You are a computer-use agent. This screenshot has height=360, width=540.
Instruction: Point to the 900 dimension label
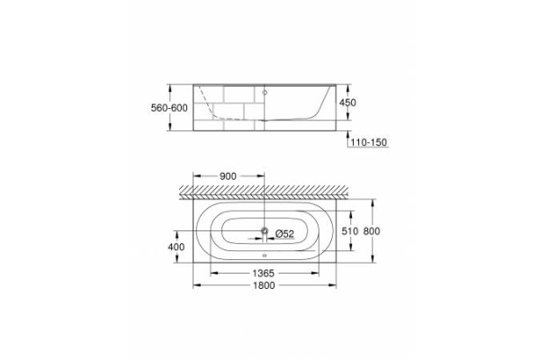[228, 176]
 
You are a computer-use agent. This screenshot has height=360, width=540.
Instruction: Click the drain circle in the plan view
[264, 233]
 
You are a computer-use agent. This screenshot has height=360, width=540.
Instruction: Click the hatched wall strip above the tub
[270, 189]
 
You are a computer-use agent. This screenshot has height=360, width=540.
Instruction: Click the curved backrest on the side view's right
[316, 105]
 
